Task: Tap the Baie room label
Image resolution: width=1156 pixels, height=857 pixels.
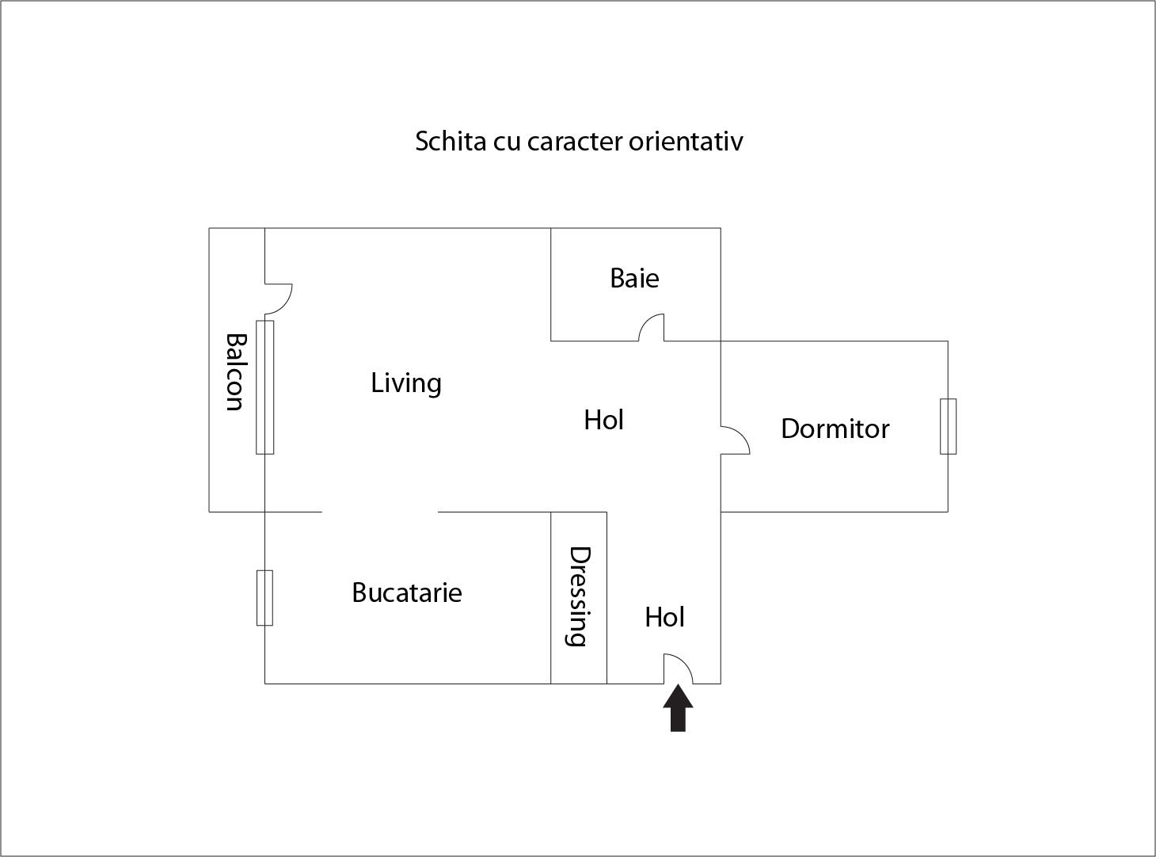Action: [634, 278]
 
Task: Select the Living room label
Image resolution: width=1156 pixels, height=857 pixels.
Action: [406, 383]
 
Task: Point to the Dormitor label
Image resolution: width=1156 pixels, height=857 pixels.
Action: [835, 428]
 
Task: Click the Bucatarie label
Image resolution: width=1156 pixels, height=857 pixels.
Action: [406, 592]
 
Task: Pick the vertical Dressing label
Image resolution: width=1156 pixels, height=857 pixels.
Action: [579, 596]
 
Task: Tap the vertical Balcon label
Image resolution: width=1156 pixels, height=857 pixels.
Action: [235, 372]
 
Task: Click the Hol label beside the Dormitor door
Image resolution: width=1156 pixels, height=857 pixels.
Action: [603, 420]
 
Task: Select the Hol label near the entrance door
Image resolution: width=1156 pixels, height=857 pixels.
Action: [664, 618]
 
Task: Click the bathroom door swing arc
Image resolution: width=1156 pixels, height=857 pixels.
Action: [651, 328]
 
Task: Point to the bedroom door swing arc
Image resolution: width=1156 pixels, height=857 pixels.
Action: [736, 440]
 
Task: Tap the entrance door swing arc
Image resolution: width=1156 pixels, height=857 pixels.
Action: [678, 668]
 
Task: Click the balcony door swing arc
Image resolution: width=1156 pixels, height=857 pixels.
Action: [279, 299]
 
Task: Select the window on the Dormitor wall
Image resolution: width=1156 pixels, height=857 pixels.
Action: [948, 426]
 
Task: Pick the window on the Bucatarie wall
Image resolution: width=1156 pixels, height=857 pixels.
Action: [264, 598]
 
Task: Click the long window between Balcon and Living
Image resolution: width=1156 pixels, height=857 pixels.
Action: [264, 387]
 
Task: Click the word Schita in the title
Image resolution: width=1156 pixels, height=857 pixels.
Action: [451, 141]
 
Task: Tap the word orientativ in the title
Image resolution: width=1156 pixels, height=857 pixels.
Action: [686, 141]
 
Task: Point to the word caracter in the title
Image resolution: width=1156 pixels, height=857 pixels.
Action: [575, 142]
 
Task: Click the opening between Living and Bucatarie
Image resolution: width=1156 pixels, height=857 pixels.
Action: [380, 512]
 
